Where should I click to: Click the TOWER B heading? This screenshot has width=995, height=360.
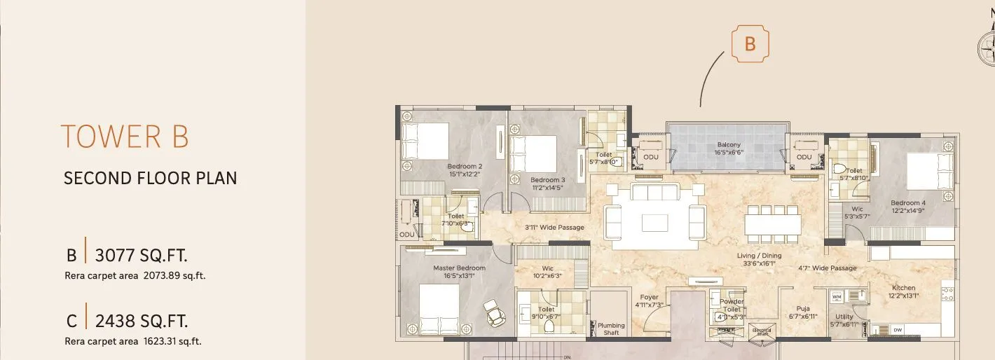tap(125, 137)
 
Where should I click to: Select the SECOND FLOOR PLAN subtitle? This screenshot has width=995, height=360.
tap(150, 179)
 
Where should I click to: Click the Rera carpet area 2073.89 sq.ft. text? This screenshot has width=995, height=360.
tap(135, 276)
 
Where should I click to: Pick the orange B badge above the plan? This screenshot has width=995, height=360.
tap(750, 43)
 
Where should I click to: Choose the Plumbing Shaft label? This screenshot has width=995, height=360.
tap(611, 328)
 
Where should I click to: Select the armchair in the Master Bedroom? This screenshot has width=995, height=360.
tap(495, 313)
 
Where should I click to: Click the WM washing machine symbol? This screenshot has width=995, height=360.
tap(837, 297)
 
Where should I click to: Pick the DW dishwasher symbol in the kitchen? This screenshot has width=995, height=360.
tap(897, 330)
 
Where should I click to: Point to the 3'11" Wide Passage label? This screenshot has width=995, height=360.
tap(554, 228)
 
